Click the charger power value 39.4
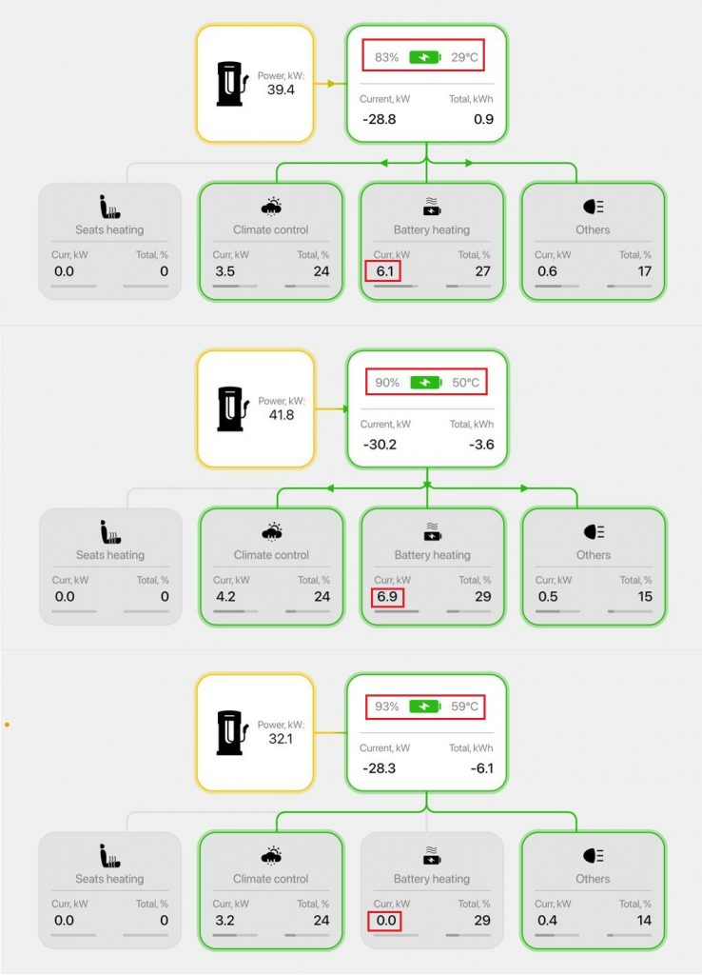(x=281, y=90)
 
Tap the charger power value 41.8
(x=281, y=414)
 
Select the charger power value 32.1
(x=281, y=738)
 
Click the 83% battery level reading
(x=386, y=57)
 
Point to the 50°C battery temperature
(x=466, y=383)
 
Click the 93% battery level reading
(x=386, y=707)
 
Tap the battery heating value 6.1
(x=382, y=271)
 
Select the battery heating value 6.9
(x=382, y=597)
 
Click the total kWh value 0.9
(x=483, y=120)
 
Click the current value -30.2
(x=380, y=445)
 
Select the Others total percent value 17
(x=644, y=271)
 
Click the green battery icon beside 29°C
(x=425, y=57)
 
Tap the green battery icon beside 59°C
(x=425, y=707)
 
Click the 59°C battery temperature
(x=466, y=707)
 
